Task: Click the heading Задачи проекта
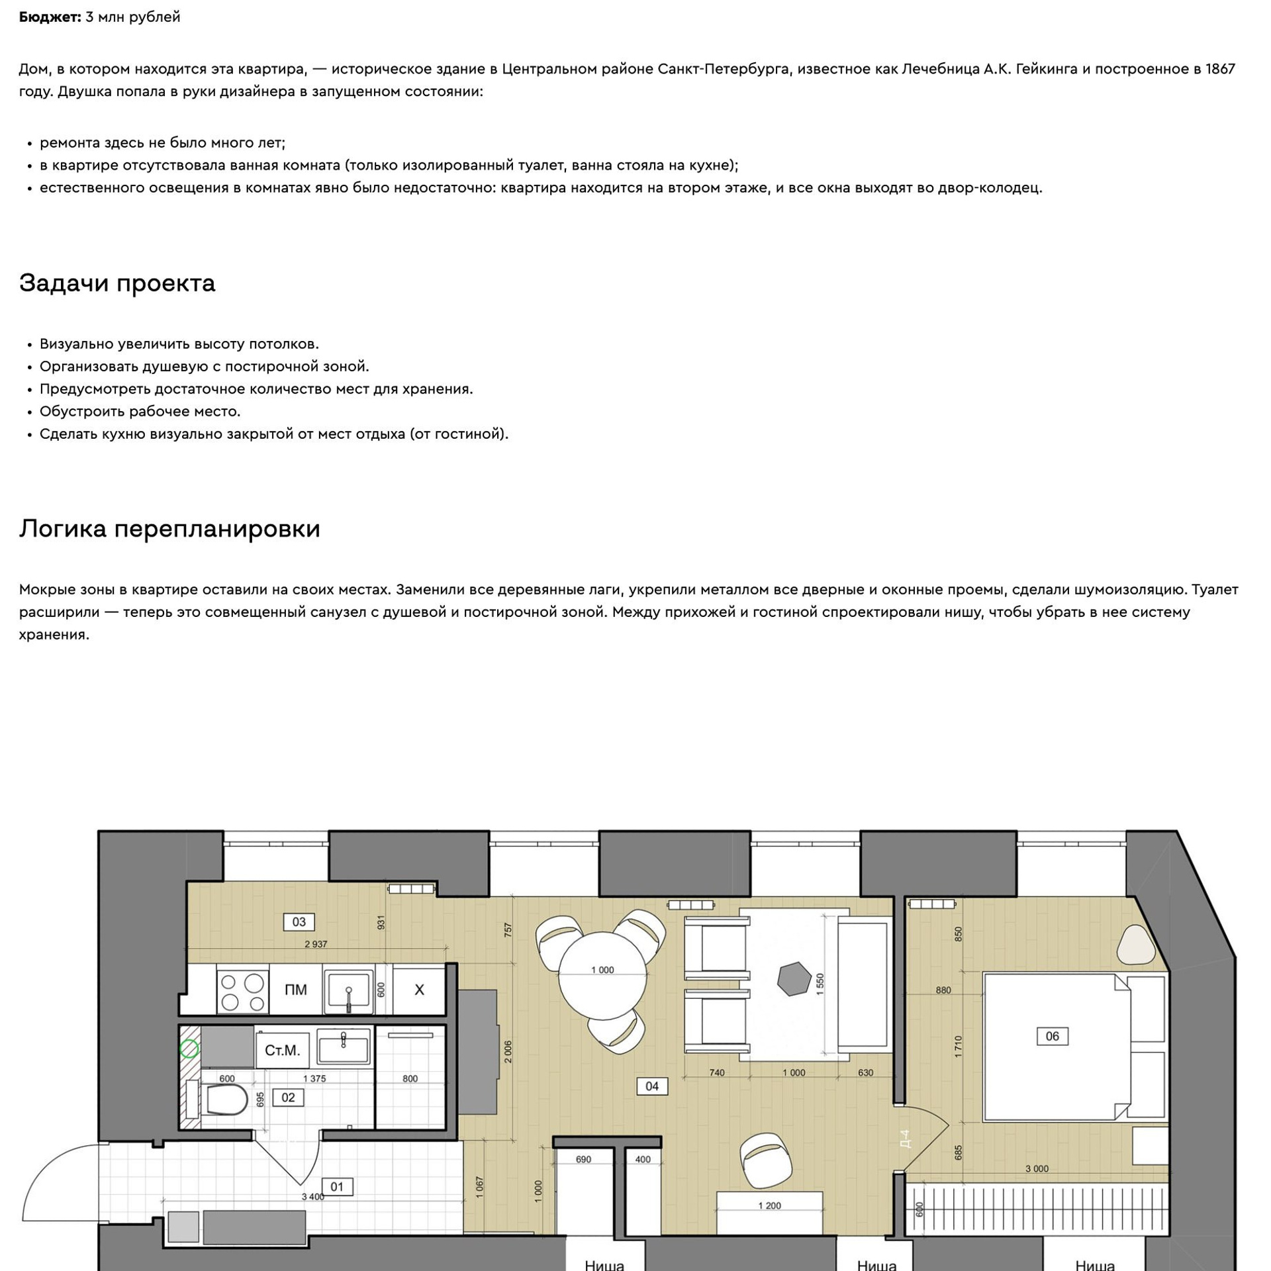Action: coord(117,283)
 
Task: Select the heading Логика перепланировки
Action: coord(169,529)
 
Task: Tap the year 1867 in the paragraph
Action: coord(1220,69)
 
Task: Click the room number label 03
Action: coord(299,921)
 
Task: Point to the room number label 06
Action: coord(1052,1036)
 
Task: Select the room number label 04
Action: coord(652,1086)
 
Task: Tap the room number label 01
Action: coord(337,1186)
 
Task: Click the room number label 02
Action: coord(288,1097)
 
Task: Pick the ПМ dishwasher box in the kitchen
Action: coord(296,990)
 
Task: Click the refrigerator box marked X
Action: coord(419,990)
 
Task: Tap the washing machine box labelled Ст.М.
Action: coord(283,1051)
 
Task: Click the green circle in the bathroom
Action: coord(189,1049)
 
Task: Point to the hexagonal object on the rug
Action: coord(794,978)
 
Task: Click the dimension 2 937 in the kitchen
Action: coord(316,944)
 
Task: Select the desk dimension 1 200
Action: coord(769,1205)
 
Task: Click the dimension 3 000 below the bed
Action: coord(1037,1168)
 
